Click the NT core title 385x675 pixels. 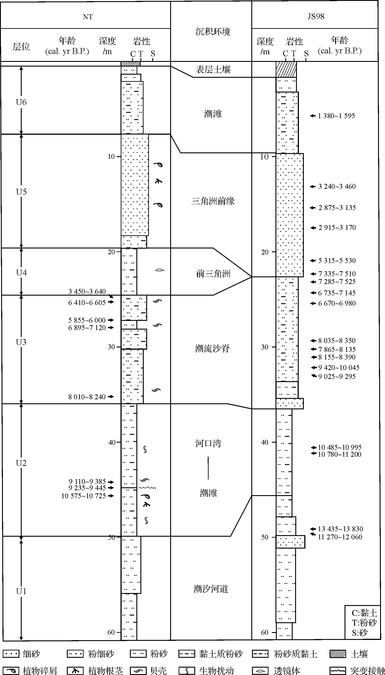click(x=88, y=17)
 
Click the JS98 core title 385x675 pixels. click(x=316, y=16)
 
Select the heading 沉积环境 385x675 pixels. click(x=213, y=32)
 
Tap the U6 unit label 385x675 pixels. click(x=21, y=102)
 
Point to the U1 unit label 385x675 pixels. click(x=21, y=591)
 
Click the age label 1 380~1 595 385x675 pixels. click(x=336, y=116)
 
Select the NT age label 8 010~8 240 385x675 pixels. click(x=87, y=397)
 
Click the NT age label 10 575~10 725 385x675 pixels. click(x=84, y=496)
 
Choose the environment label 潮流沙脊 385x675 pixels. click(x=213, y=349)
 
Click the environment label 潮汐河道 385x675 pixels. click(x=211, y=589)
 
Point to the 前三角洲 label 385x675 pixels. click(x=213, y=274)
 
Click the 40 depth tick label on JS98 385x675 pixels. click(x=264, y=442)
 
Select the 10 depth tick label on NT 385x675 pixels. click(x=111, y=156)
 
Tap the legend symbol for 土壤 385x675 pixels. click(x=338, y=654)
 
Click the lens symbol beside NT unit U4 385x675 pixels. click(x=159, y=270)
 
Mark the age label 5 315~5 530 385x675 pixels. click(x=337, y=261)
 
